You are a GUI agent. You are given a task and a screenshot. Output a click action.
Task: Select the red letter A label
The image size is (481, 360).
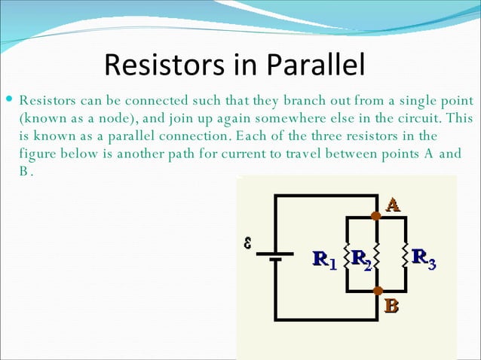393,204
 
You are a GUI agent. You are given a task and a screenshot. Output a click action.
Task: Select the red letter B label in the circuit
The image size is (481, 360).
391,306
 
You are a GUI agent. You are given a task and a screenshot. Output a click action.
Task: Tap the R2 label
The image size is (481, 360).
362,260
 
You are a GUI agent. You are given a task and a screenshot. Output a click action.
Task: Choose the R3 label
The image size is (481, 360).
424,260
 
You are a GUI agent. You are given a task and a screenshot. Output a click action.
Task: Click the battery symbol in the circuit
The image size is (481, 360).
275,256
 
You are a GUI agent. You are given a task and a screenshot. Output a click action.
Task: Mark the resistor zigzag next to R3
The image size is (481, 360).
406,255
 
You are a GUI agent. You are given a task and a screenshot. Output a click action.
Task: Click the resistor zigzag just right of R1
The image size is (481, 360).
345,255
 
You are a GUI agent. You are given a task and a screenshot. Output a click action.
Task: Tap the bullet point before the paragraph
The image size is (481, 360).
8,101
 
